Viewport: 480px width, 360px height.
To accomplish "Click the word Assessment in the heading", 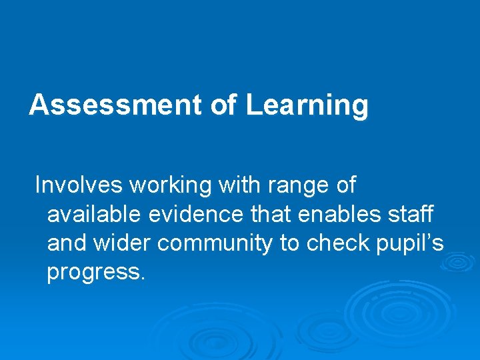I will [x=114, y=105].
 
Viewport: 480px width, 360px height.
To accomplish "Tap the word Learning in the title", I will [x=307, y=105].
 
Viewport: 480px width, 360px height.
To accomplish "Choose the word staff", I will [x=410, y=214].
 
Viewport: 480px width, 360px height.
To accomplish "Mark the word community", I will [x=215, y=245].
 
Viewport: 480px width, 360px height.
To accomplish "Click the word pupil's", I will [x=409, y=245].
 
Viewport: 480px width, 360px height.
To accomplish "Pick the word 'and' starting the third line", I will [x=67, y=243].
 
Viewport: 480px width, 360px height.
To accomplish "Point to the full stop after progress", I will [x=141, y=279].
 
